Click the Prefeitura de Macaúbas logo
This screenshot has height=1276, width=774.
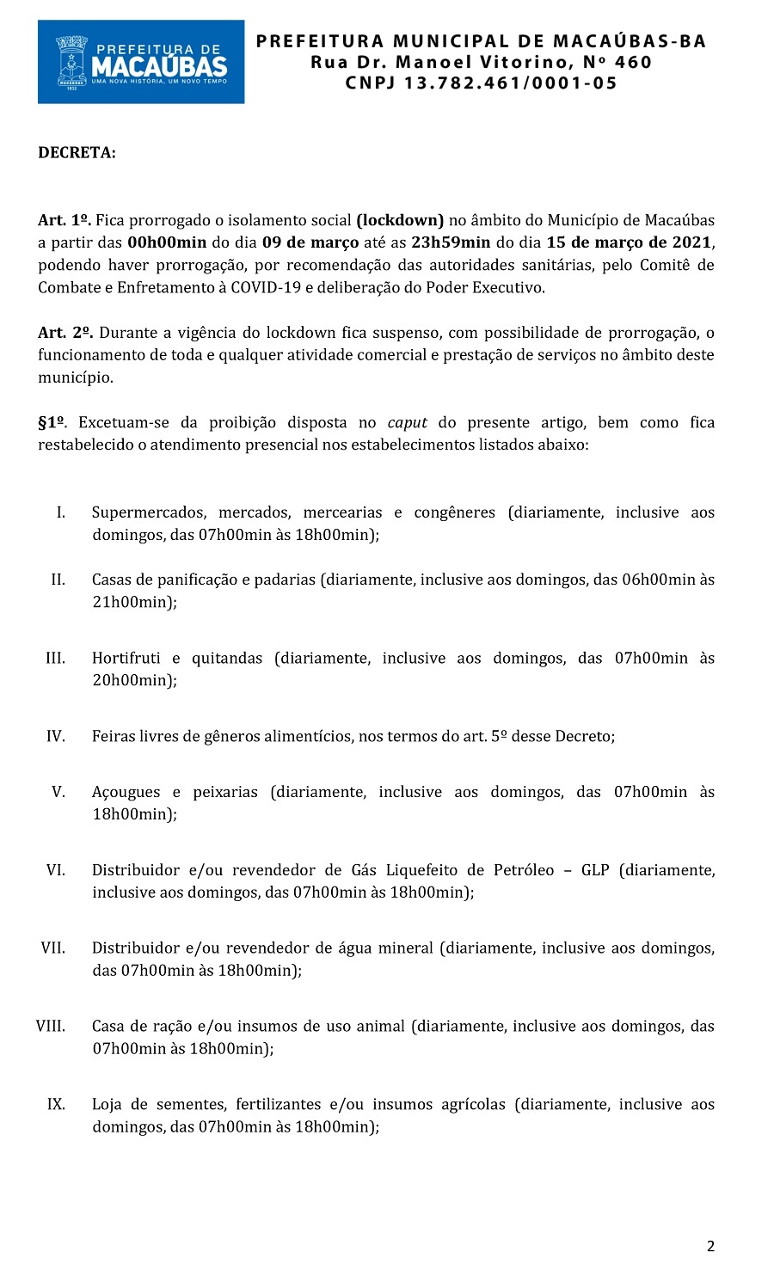coord(141,62)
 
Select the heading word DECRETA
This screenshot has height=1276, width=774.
coord(77,153)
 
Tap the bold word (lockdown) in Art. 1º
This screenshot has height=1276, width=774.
coord(400,220)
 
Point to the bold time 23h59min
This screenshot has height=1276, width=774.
coord(451,242)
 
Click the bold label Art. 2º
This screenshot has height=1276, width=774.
coord(65,333)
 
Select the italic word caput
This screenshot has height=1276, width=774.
coord(408,422)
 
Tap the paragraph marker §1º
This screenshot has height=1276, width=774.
coord(53,422)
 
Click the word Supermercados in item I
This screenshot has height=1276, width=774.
coord(149,512)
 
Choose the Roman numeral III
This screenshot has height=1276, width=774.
coord(55,658)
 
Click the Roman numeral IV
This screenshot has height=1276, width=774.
coord(55,736)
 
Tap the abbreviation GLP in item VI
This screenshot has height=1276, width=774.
coord(595,870)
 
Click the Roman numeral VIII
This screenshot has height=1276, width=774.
coord(51,1026)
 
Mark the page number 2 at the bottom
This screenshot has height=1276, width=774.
coord(710,1246)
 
